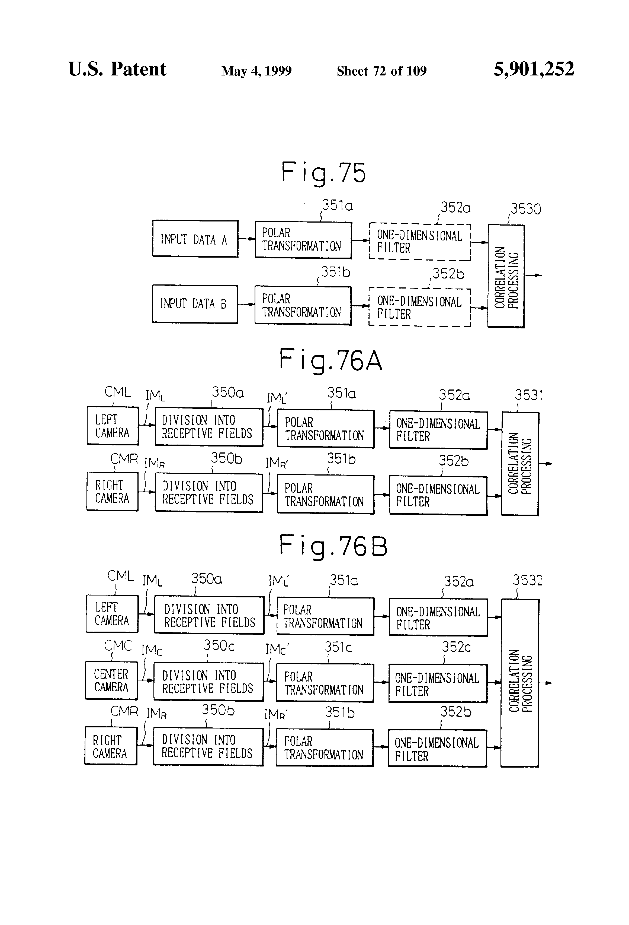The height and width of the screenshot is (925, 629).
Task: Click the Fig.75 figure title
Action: tap(323, 173)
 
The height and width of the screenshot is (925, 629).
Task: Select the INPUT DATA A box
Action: tap(195, 239)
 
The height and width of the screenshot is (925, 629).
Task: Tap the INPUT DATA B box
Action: tap(195, 304)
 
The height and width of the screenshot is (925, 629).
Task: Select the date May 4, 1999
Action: tap(256, 71)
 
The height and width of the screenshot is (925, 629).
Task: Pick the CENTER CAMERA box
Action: tap(111, 681)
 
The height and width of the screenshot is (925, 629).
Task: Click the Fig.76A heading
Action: tap(330, 360)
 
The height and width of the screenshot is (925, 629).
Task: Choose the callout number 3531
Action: tap(528, 395)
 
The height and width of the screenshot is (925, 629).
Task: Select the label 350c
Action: tap(219, 645)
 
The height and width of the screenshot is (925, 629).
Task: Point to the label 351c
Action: tap(338, 647)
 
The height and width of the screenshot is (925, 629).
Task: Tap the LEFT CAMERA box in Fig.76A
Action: tap(113, 426)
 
